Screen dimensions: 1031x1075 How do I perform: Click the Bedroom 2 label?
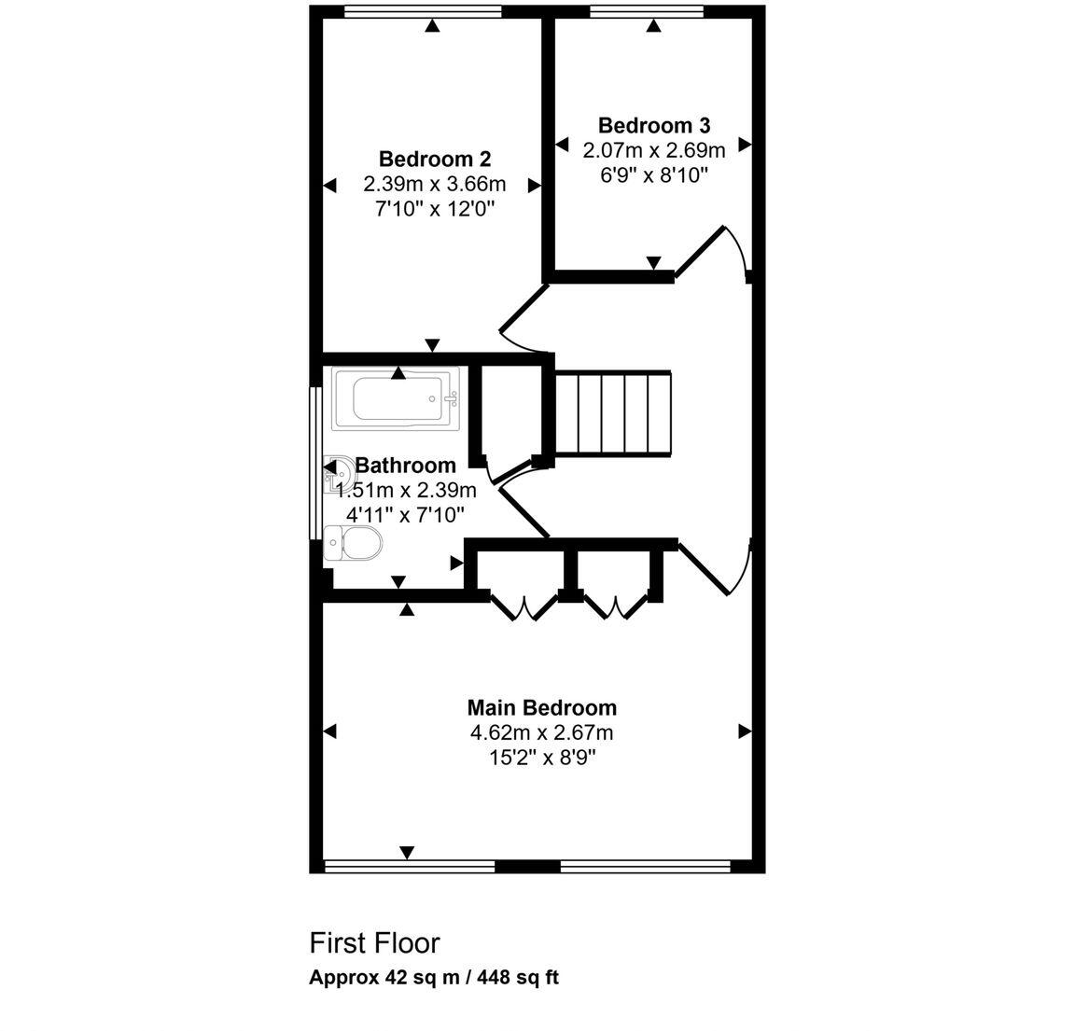coord(434,159)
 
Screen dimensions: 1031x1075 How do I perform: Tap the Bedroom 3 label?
coord(653,125)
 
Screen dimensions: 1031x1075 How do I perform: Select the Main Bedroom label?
coord(541,707)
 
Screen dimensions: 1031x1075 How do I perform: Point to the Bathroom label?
coord(406,465)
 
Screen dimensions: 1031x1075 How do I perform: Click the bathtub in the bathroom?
coord(396,400)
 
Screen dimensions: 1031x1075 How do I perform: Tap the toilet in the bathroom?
coord(355,542)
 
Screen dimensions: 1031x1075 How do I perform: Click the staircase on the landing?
coord(614,413)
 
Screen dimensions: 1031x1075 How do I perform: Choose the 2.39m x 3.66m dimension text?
coord(434,184)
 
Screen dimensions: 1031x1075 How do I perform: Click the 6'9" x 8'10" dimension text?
coord(653,174)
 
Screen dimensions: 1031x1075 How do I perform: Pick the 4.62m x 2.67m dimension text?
coord(541,732)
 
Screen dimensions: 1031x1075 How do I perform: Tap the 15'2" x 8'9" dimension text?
coord(541,757)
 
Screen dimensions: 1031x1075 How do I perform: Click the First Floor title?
coord(373,942)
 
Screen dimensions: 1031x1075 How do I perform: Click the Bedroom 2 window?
coord(422,11)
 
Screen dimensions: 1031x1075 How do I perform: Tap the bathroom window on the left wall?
coord(315,462)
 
